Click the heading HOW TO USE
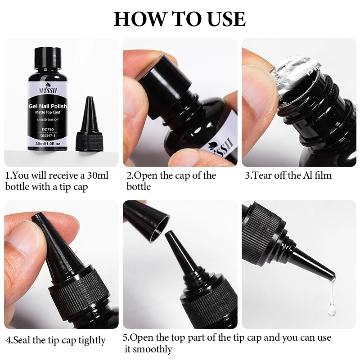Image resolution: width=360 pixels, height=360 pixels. click(x=180, y=19)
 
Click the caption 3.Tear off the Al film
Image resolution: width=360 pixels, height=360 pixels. click(x=288, y=175)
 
